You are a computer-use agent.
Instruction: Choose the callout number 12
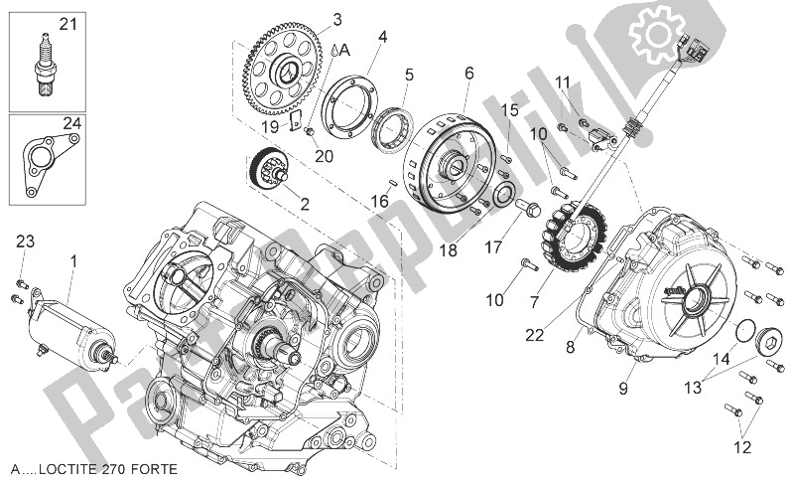pos(741,448)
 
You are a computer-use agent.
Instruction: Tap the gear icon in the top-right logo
pos(660,37)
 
